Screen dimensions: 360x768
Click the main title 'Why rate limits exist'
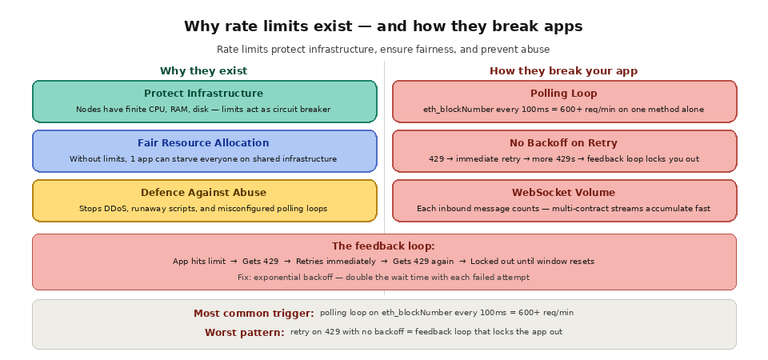pyautogui.click(x=383, y=26)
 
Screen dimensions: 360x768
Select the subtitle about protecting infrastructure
pyautogui.click(x=383, y=50)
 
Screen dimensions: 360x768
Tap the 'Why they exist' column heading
pyautogui.click(x=203, y=71)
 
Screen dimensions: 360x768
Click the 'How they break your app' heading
pyautogui.click(x=563, y=71)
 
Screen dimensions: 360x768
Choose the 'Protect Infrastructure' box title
pyautogui.click(x=203, y=94)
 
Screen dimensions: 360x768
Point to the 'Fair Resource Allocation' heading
pyautogui.click(x=203, y=143)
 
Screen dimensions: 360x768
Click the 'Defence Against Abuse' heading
pyautogui.click(x=203, y=193)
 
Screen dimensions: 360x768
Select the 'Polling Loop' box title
pyautogui.click(x=563, y=94)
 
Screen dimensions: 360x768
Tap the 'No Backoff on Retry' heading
pyautogui.click(x=563, y=143)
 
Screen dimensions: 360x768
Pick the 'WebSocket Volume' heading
pyautogui.click(x=563, y=193)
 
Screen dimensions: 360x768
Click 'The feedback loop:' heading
pyautogui.click(x=383, y=246)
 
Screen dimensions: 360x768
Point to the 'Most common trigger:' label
pyautogui.click(x=254, y=314)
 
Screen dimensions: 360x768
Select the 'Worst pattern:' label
pyautogui.click(x=244, y=333)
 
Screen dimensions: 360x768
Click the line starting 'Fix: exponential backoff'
pyautogui.click(x=383, y=278)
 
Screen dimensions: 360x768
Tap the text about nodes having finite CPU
pyautogui.click(x=203, y=110)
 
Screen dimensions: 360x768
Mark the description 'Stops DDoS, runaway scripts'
pyautogui.click(x=203, y=209)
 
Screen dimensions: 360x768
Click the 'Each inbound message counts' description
pyautogui.click(x=563, y=209)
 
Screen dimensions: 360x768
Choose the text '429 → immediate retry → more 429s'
pyautogui.click(x=563, y=159)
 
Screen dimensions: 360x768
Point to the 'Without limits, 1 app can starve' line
pyautogui.click(x=203, y=159)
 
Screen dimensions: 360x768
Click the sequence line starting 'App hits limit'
pyautogui.click(x=383, y=262)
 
